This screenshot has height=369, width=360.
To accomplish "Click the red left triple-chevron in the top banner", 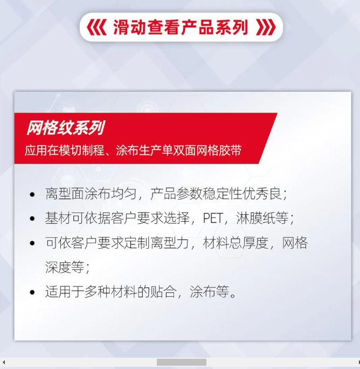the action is (x=96, y=28).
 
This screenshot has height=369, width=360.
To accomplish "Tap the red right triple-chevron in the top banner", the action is (x=266, y=28).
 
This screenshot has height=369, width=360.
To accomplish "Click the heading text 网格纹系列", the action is (x=66, y=128).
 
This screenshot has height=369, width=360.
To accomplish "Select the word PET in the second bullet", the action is (x=213, y=218).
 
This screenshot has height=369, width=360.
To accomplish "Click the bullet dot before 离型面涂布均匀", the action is (x=32, y=195).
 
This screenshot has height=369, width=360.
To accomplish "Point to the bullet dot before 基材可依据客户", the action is (x=32, y=218).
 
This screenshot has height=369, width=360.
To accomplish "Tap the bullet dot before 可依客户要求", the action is (x=32, y=243).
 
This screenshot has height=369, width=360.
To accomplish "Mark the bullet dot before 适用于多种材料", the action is (x=32, y=292).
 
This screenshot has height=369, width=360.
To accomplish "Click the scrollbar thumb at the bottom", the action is (x=182, y=362).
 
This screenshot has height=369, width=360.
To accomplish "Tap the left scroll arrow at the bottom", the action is (x=4, y=362).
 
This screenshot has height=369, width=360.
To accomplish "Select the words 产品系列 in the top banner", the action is (x=214, y=28).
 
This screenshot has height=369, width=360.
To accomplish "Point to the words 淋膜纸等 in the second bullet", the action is (x=262, y=218).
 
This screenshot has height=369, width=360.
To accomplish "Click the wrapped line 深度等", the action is (x=65, y=267).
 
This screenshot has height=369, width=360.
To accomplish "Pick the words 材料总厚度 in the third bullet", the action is (x=236, y=243).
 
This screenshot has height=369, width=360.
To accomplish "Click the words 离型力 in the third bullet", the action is (x=170, y=243).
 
